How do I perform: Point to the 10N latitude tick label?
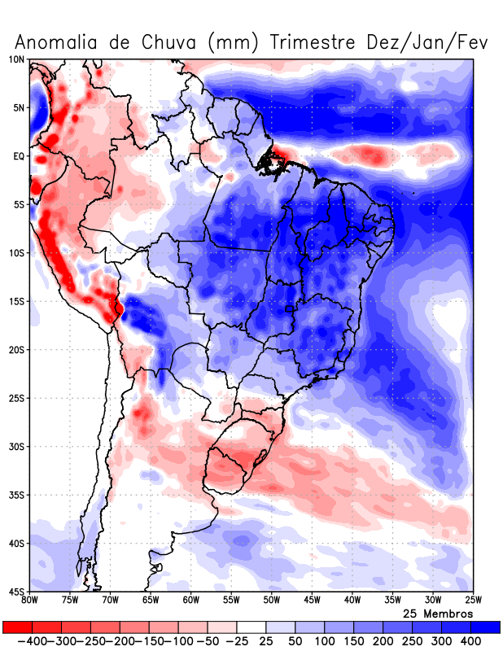[x=17, y=59]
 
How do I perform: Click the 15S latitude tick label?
[x=17, y=301]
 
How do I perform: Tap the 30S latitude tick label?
[x=17, y=447]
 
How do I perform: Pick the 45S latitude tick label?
[x=17, y=592]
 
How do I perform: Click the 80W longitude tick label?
[x=30, y=601]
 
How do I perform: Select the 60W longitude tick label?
[x=190, y=601]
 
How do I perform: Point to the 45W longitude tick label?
[x=312, y=601]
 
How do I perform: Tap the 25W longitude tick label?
[x=472, y=601]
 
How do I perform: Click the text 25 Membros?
[x=438, y=613]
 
